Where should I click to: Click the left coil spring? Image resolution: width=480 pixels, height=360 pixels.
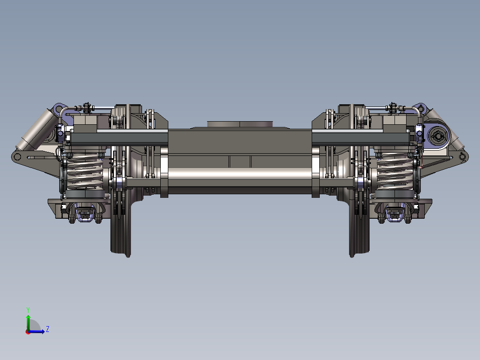click(85, 171)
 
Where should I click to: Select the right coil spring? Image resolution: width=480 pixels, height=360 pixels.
click(395, 171)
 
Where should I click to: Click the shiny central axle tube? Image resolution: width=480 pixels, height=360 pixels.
click(240, 174)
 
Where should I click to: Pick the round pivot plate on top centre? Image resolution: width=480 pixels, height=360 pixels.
click(240, 124)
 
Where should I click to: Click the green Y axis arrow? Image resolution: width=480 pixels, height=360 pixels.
click(28, 322)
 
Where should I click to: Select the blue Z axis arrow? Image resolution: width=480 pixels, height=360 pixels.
click(36, 331)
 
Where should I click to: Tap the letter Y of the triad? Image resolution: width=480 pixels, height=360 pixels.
click(28, 310)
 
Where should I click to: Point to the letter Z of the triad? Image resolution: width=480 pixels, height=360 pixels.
click(48, 329)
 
